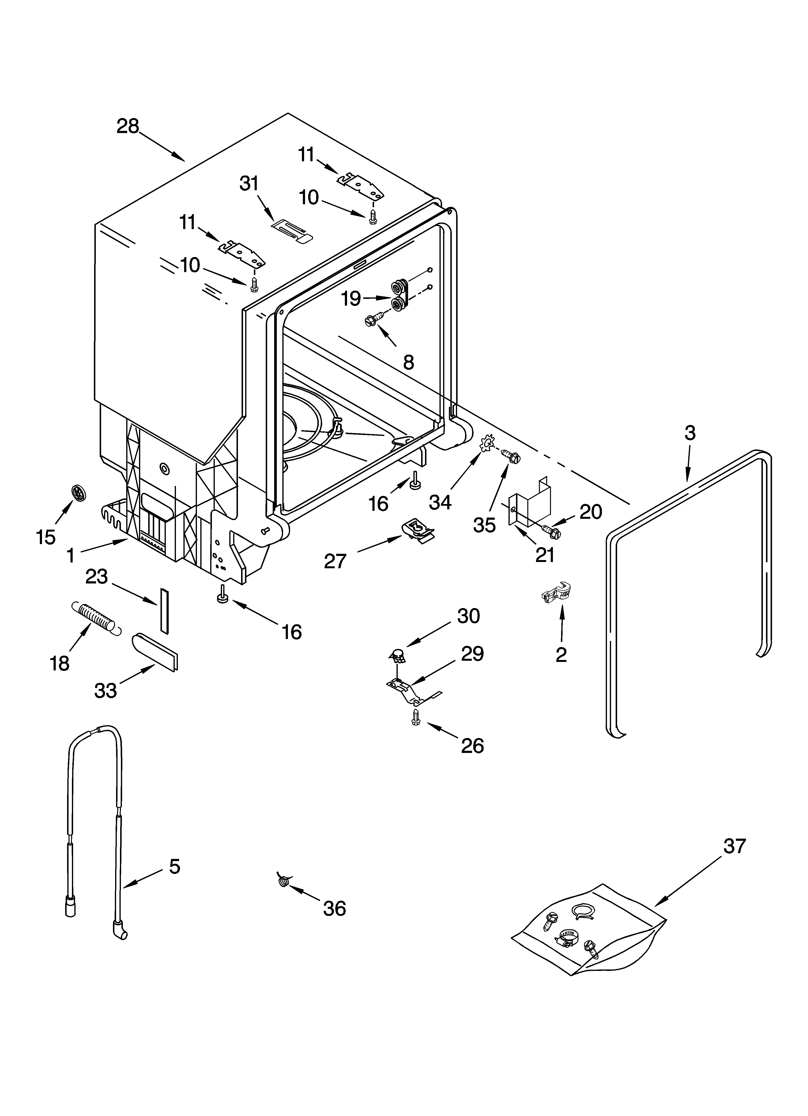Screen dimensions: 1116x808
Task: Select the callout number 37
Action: point(734,846)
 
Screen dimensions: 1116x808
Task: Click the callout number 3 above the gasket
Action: point(690,433)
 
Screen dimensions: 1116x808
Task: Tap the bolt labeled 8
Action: point(375,319)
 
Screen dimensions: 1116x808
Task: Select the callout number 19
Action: point(351,299)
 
